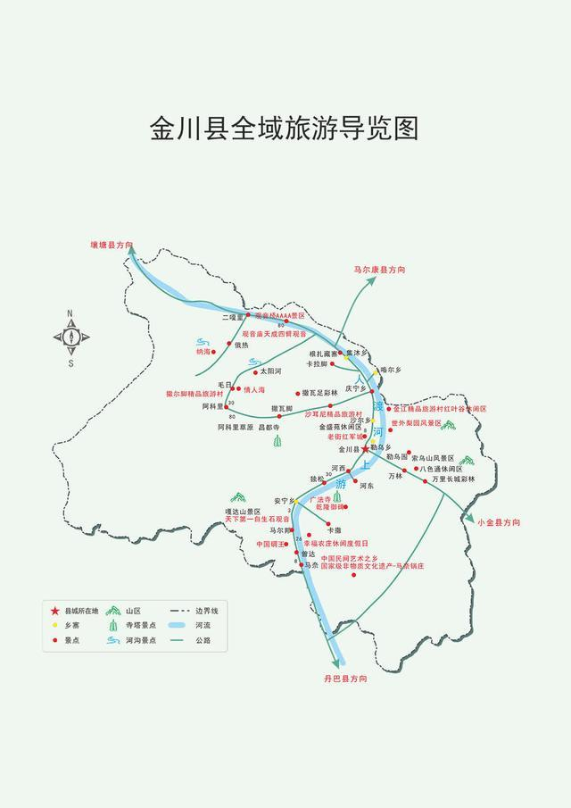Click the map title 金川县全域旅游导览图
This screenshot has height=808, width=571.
[x=285, y=129]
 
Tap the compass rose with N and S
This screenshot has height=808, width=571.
[x=70, y=337]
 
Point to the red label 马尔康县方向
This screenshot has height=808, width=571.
[x=379, y=269]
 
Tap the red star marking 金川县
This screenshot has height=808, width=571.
[x=365, y=450]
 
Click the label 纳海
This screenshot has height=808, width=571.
[x=204, y=352]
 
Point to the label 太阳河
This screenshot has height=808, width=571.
[x=271, y=371]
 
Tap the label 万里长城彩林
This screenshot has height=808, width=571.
[x=453, y=479]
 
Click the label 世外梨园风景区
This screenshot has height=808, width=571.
[x=416, y=422]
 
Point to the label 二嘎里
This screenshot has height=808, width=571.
[x=233, y=316]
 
